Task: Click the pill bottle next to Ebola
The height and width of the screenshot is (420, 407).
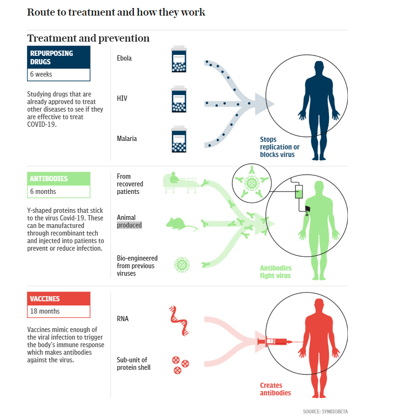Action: click(179, 59)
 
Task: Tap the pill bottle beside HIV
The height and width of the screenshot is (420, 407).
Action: click(179, 99)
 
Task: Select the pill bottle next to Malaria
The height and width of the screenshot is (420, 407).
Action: click(179, 139)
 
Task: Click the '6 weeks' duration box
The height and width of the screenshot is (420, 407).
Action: click(59, 74)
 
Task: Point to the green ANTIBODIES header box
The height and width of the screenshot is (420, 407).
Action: click(59, 179)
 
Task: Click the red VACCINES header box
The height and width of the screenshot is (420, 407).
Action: click(59, 298)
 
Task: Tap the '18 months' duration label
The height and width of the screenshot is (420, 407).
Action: click(45, 311)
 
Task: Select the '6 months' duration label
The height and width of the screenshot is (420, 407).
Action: click(43, 192)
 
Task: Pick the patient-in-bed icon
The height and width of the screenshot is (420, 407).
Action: click(180, 183)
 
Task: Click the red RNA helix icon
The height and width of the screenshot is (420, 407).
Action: click(179, 321)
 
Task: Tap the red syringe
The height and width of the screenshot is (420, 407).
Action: click(274, 342)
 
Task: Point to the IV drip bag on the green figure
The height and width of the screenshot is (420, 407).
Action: click(299, 192)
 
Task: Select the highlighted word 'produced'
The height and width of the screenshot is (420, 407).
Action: click(129, 225)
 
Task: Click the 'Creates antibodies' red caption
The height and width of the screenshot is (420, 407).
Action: click(275, 389)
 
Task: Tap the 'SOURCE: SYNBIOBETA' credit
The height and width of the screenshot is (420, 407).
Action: click(325, 411)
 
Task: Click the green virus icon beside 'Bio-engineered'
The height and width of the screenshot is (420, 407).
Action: click(182, 265)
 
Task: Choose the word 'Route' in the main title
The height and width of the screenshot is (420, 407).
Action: click(40, 12)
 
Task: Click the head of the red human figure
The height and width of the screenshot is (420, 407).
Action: click(319, 304)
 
